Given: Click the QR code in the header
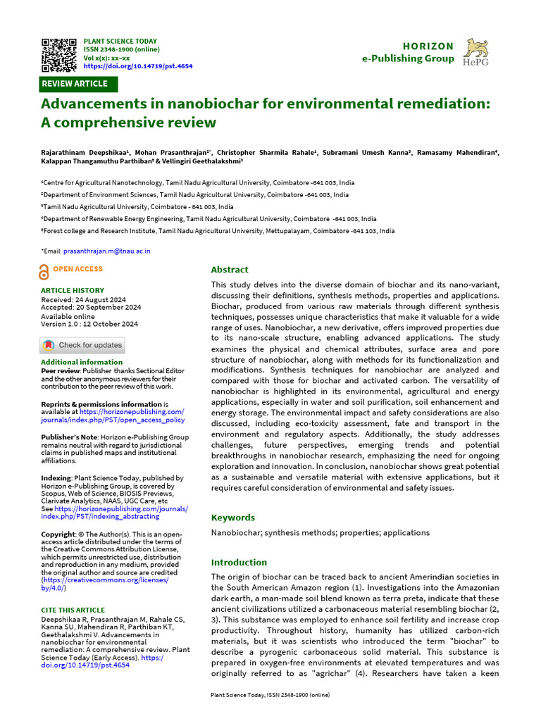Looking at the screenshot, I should pos(59,54).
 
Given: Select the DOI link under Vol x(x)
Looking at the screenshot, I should pos(137,66).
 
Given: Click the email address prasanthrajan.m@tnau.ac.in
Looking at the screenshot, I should pos(106,251).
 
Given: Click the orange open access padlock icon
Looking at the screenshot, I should pos(44,272).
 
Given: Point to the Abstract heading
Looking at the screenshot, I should pos(230,270).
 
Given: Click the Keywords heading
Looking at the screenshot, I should pos(233,518).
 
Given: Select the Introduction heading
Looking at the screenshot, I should pos(240,562).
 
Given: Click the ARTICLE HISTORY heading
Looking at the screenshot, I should pos(72,290).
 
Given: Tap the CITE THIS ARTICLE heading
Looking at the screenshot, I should pos(73,610).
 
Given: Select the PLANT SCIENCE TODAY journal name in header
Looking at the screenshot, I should pos(120,42).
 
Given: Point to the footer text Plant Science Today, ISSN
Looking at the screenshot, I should pos(270,695).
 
